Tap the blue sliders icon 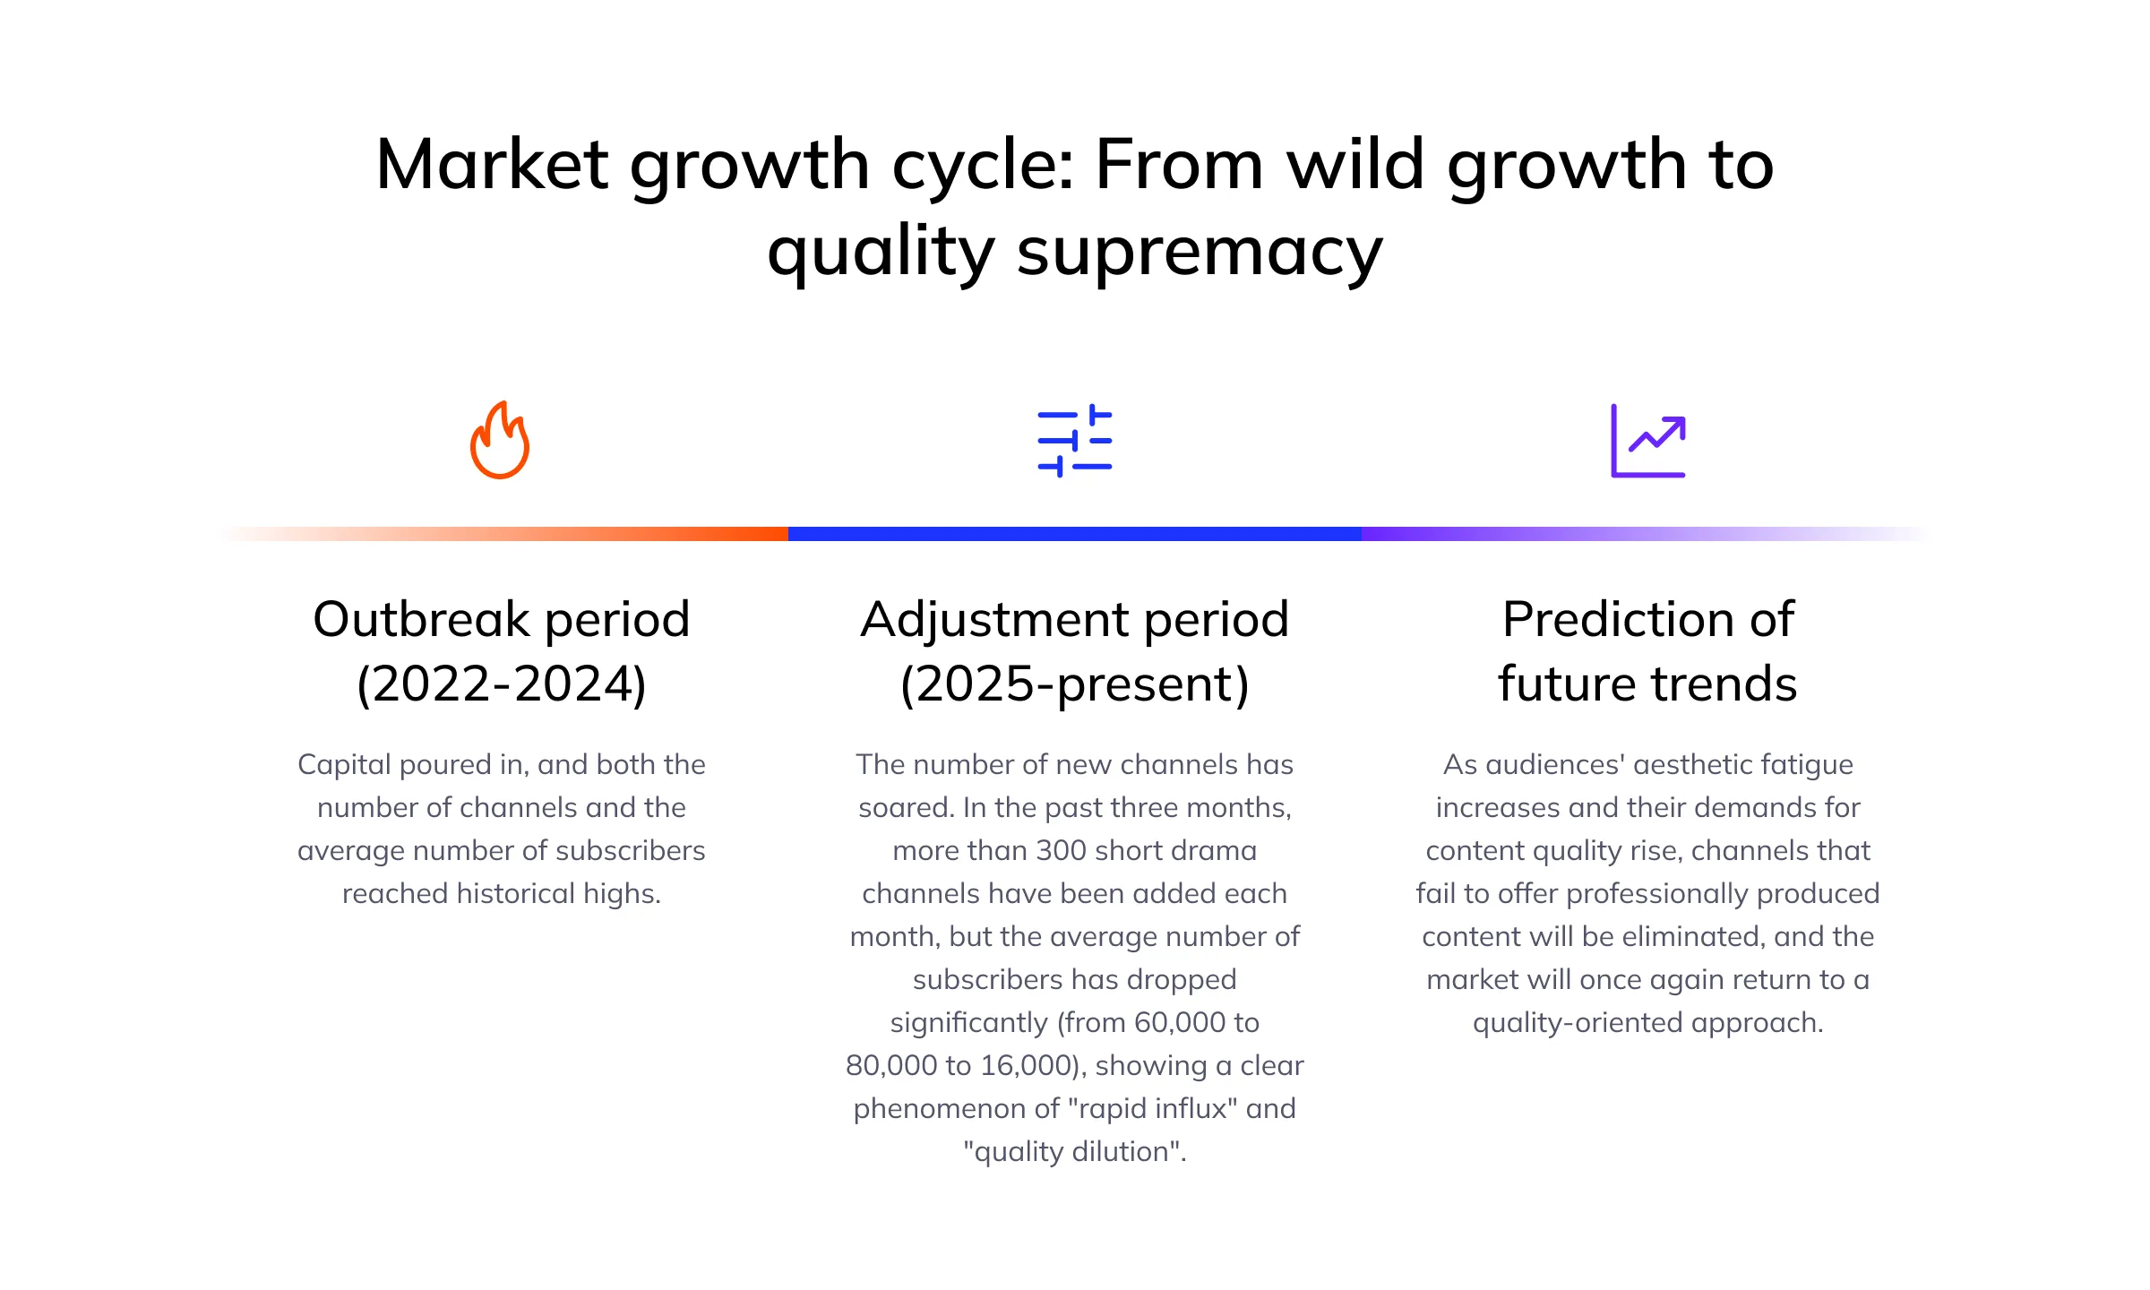pos(1075,441)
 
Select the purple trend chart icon pos(1648,441)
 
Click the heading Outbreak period pos(502,619)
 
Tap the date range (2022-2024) pos(502,684)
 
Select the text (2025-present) pos(1075,685)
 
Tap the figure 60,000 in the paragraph pos(1179,1023)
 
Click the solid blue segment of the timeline pos(1075,534)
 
